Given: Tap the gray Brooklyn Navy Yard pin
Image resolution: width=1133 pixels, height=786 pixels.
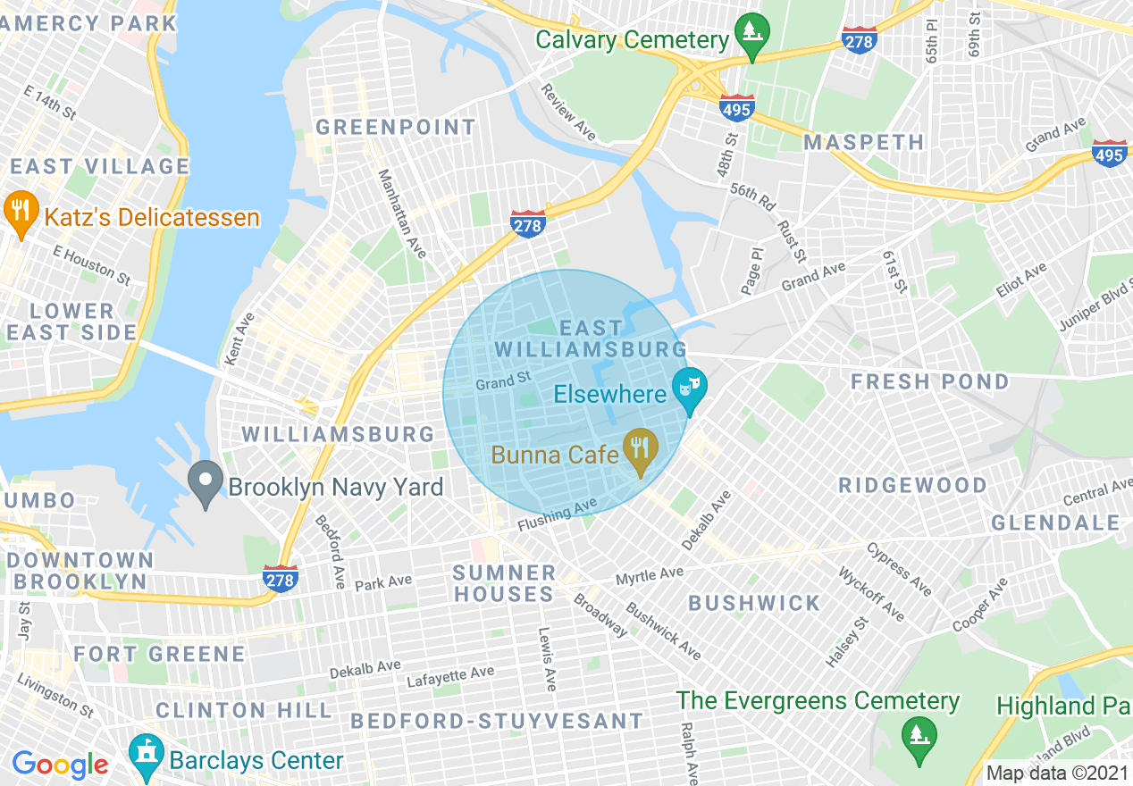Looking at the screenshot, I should (206, 483).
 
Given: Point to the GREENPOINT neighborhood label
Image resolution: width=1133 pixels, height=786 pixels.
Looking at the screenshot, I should (396, 128).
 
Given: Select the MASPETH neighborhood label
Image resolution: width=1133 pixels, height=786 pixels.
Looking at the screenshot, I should (863, 143).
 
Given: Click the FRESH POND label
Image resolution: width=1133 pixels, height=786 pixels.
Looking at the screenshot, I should (929, 382).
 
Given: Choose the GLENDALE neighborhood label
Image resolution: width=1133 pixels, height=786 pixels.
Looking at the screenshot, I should (1055, 523).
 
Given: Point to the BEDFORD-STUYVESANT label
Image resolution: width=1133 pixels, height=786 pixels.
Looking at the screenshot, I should (497, 721).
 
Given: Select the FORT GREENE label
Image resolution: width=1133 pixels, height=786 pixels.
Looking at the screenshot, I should (159, 655).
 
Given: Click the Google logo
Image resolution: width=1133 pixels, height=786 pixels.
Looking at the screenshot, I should (60, 765).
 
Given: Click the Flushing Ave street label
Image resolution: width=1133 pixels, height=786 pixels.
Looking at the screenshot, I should (556, 515).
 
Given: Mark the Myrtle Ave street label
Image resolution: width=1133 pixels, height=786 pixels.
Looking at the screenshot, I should (650, 576).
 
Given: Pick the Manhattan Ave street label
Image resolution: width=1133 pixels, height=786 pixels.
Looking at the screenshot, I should (400, 213).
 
